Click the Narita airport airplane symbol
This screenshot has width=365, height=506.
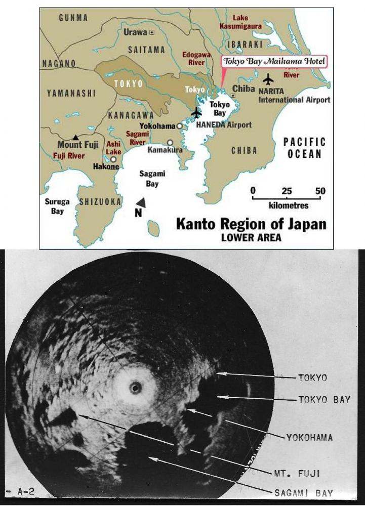[268, 79]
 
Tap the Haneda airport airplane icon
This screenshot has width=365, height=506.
[196, 113]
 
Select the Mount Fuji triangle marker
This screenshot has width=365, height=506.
[75, 137]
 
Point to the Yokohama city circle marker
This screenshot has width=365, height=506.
[179, 125]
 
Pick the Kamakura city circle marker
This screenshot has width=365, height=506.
[170, 143]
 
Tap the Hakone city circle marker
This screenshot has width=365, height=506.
[113, 159]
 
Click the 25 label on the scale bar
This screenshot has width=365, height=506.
[287, 191]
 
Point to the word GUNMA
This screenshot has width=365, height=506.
[73, 18]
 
